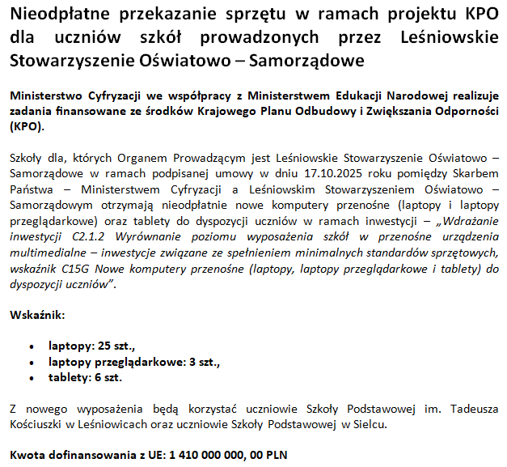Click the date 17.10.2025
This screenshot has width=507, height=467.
pyautogui.click(x=311, y=172)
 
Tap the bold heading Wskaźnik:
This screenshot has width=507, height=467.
pyautogui.click(x=37, y=314)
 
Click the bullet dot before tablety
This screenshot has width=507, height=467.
pyautogui.click(x=31, y=378)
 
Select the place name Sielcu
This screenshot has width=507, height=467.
pyautogui.click(x=370, y=423)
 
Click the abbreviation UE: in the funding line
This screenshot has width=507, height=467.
pyautogui.click(x=154, y=455)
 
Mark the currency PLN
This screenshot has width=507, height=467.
pyautogui.click(x=275, y=455)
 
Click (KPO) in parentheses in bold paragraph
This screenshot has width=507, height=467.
pyautogui.click(x=27, y=126)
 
